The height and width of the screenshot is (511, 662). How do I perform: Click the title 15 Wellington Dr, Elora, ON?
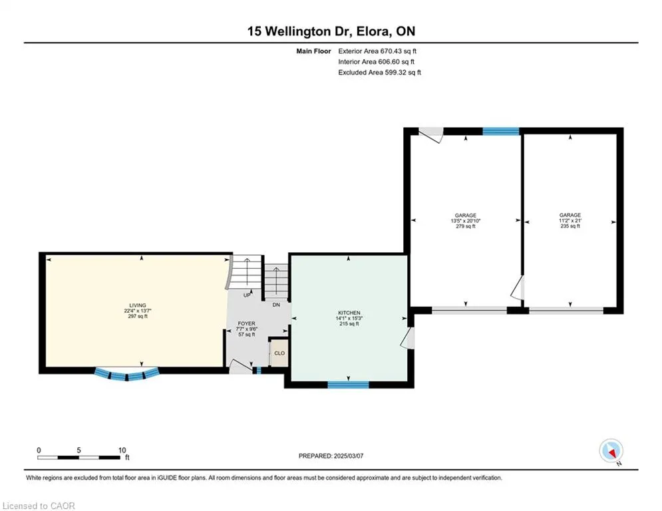331,31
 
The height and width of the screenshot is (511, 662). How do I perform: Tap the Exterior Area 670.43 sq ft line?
377,51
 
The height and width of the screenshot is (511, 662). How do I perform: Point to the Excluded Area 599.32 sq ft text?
379,73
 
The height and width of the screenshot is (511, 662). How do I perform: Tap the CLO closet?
279,353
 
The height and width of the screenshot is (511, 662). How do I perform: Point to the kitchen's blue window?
349,385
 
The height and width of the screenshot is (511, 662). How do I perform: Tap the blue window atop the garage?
501,131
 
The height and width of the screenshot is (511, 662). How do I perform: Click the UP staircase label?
247,295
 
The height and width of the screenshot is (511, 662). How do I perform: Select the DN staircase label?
276,305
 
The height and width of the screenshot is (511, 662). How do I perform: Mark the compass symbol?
611,450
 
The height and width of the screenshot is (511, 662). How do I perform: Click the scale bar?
79,457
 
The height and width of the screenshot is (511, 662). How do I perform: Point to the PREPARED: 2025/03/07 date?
331,456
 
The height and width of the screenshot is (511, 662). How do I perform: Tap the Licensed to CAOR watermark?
39,506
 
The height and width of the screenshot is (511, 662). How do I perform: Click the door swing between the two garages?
518,287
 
